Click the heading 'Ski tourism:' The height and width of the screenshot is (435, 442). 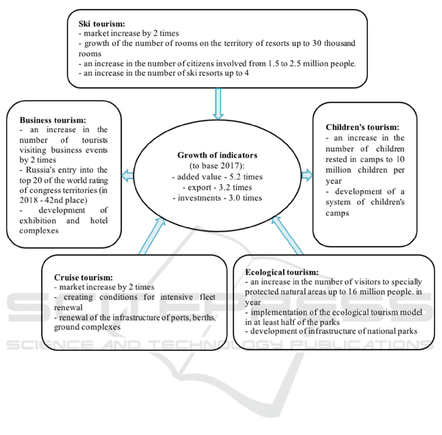pos(101,24)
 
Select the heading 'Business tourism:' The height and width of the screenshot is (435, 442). pos(53,120)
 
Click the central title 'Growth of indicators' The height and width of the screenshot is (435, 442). pos(217,155)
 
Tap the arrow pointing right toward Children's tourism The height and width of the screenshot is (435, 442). pos(307,175)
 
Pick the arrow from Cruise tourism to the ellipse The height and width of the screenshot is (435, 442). pos(151,236)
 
